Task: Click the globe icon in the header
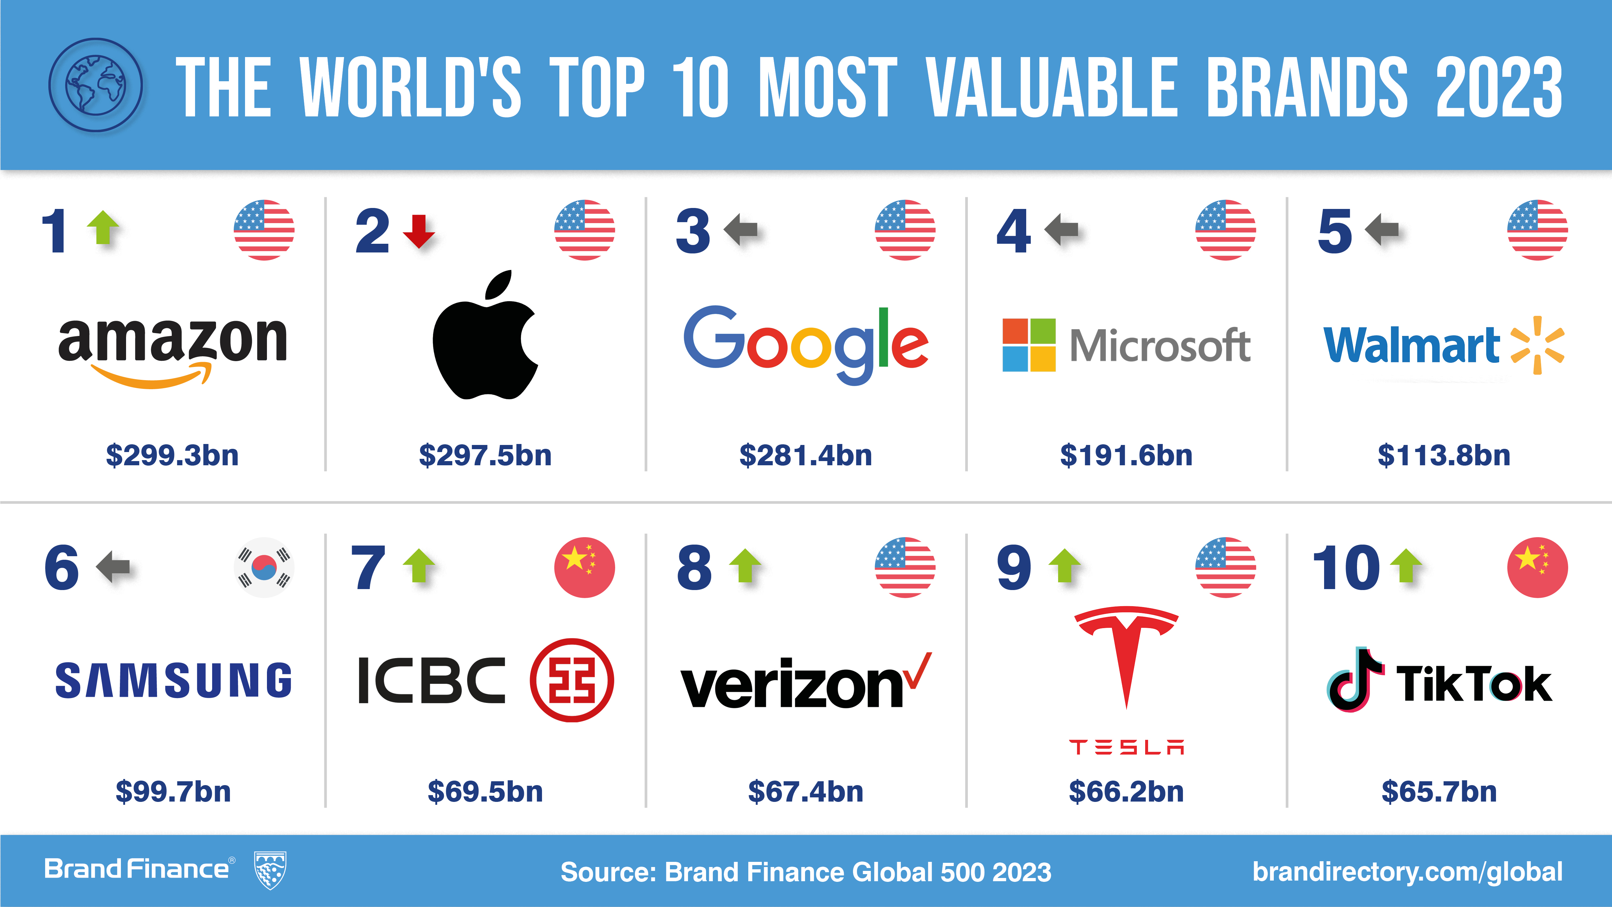point(96,85)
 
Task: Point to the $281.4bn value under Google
point(805,455)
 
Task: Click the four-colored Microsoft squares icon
point(1029,345)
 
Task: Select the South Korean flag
point(264,567)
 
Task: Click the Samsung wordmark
point(173,680)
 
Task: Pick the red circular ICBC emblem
point(571,680)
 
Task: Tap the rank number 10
point(1345,568)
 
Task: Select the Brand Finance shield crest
point(270,870)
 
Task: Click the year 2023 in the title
point(1499,88)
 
